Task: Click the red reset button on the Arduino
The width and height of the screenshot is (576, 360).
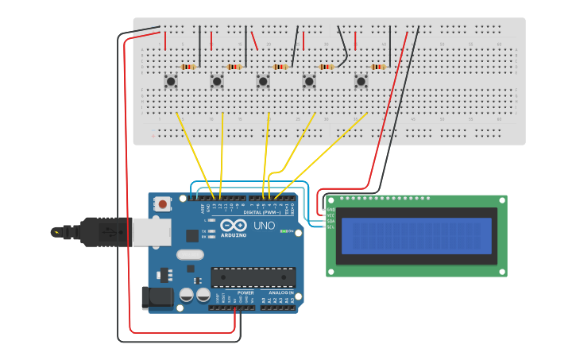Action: tap(163, 204)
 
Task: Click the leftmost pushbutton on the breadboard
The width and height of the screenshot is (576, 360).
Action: tap(171, 80)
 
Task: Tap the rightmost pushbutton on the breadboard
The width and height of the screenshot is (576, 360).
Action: tap(361, 80)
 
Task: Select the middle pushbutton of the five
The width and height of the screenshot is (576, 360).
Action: tap(263, 80)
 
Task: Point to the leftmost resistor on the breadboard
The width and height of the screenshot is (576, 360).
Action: tap(188, 67)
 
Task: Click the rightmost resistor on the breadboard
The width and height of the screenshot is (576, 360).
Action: tap(377, 67)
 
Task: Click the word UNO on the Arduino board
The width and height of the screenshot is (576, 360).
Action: tap(265, 226)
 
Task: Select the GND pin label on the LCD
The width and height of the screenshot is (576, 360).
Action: tap(330, 210)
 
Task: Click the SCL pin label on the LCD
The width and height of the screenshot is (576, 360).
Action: tap(330, 227)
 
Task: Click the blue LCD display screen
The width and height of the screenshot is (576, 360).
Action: tap(416, 236)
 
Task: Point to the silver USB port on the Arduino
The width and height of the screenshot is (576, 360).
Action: tap(151, 232)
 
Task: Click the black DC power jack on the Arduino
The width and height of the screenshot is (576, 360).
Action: tap(157, 297)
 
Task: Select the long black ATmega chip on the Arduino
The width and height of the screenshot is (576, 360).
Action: tap(253, 277)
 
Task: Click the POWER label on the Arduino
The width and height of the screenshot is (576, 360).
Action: tap(245, 292)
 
